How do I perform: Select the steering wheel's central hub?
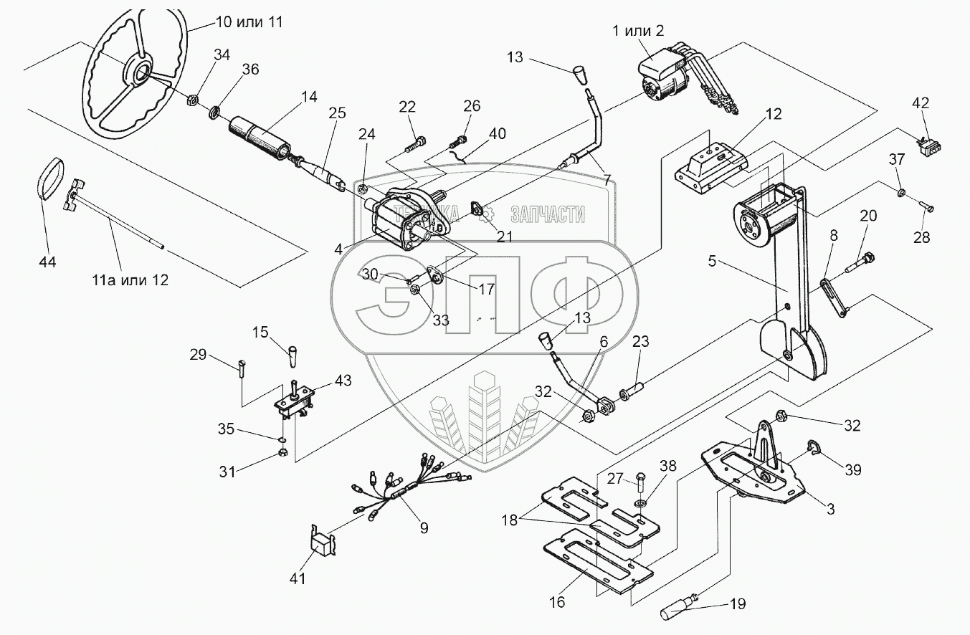(138, 72)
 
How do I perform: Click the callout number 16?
(556, 602)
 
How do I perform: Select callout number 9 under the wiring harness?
(424, 527)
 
